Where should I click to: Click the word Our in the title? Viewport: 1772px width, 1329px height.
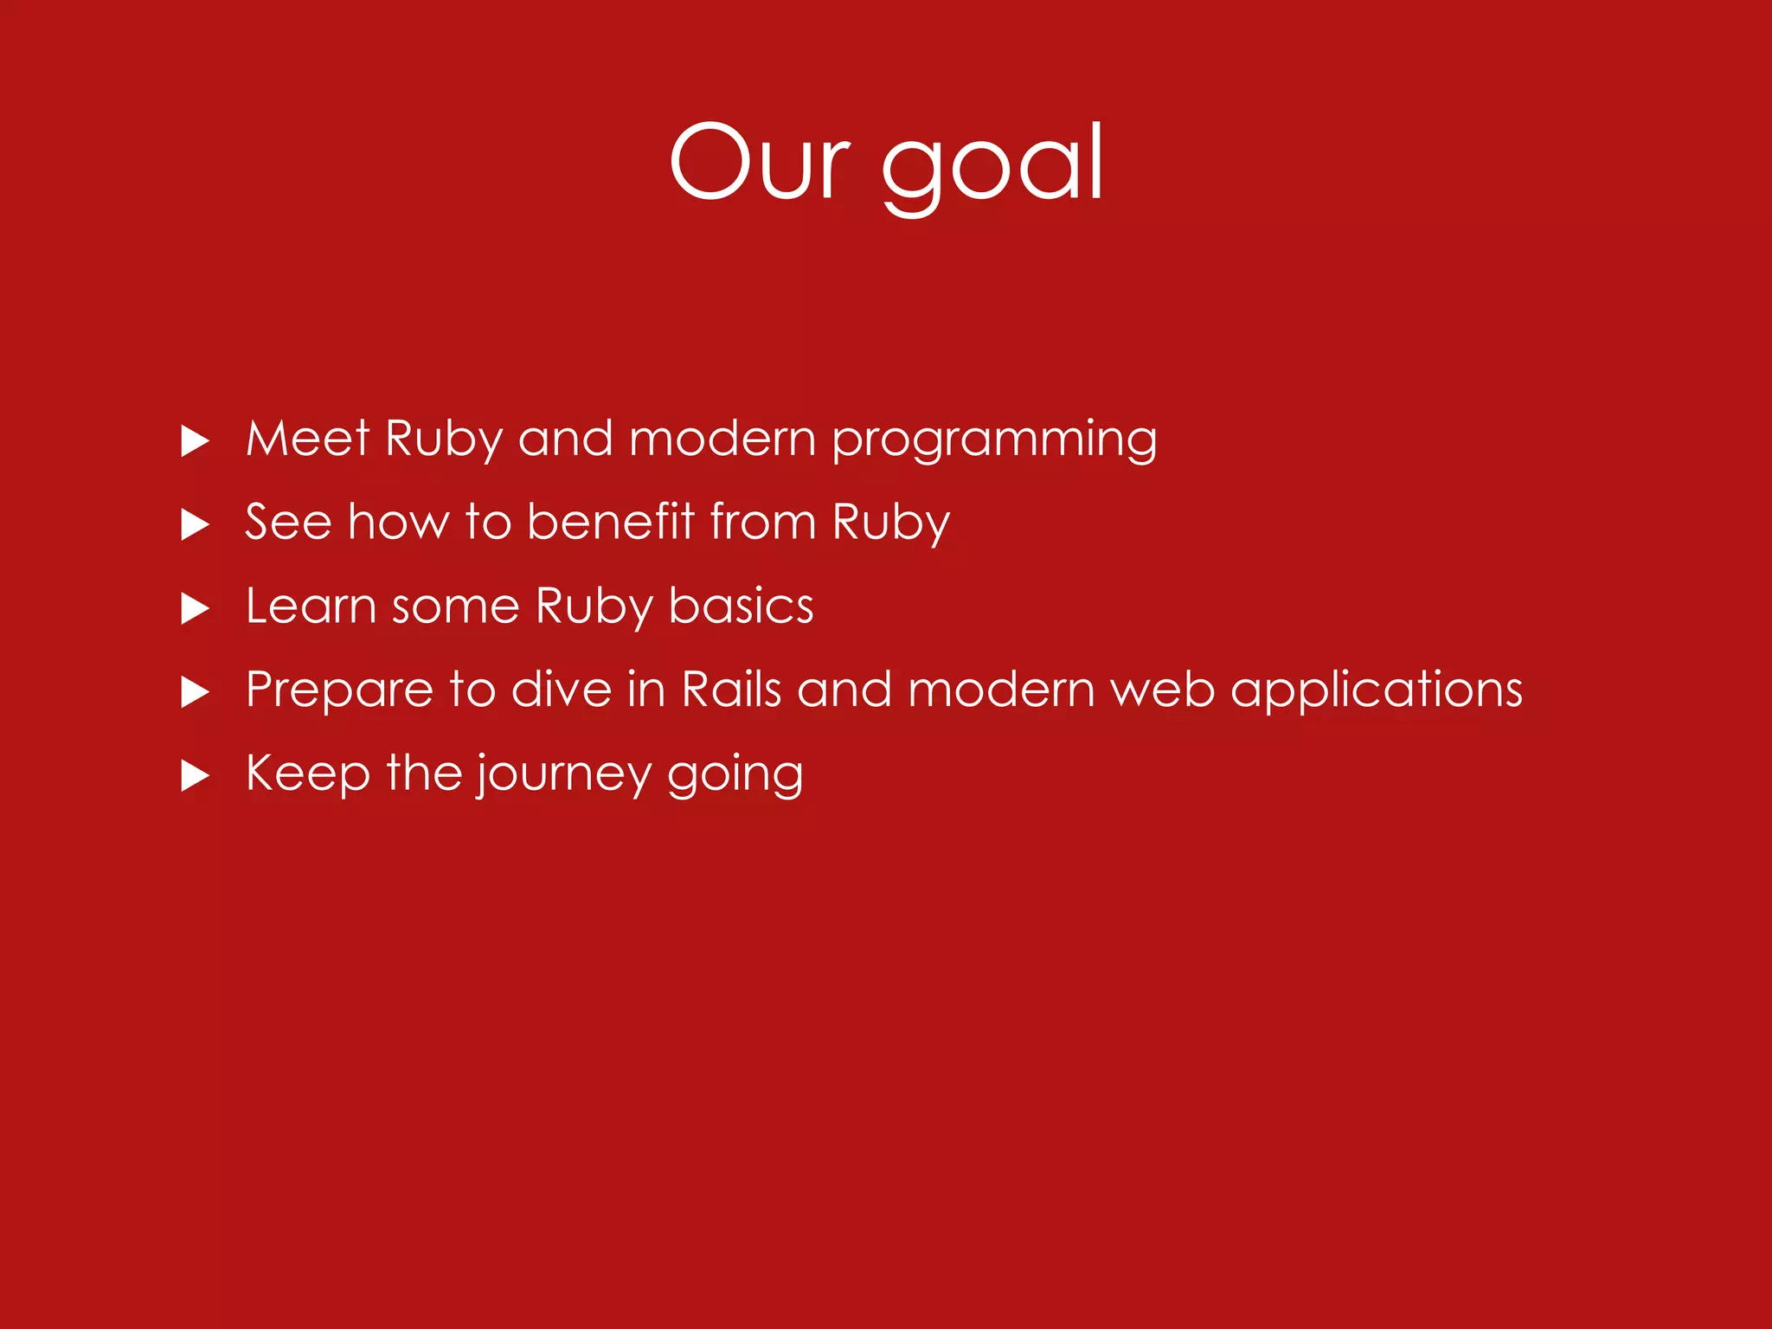coord(760,163)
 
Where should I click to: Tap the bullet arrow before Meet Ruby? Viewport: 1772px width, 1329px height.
coord(195,441)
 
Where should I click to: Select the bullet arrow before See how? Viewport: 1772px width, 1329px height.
coord(195,524)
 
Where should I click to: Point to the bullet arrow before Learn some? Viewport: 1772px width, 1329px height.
coord(195,608)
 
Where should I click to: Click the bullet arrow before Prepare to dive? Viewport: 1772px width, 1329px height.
coord(195,692)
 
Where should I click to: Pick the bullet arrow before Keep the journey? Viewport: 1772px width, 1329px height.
coord(195,776)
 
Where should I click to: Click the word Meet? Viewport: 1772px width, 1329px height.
coord(308,438)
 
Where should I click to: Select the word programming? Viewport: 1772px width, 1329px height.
coord(994,440)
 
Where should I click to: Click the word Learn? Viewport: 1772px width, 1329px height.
coord(311,606)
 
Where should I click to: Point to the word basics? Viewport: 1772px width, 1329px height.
coord(741,606)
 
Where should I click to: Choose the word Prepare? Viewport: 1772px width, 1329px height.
coord(338,690)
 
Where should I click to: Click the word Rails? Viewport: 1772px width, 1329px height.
coord(731,690)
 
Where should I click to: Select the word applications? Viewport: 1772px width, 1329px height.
coord(1376,690)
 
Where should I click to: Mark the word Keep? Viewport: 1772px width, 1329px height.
coord(308,773)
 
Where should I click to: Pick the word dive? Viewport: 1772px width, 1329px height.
coord(562,690)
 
